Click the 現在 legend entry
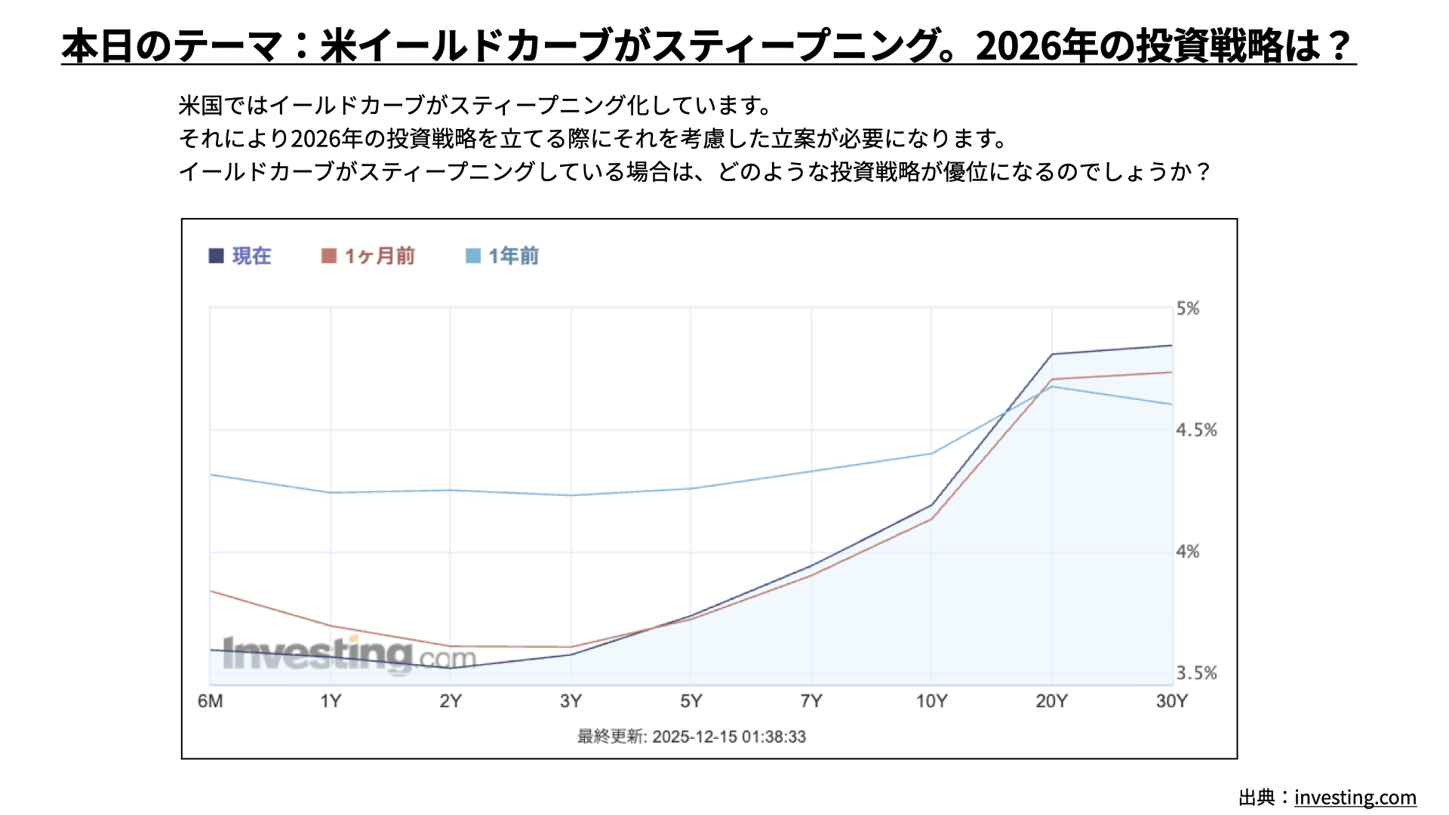click(240, 256)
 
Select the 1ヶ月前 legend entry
click(368, 256)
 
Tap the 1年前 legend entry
click(503, 256)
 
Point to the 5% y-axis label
click(1188, 309)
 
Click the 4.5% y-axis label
click(1196, 430)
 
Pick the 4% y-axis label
click(1188, 552)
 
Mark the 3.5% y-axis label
click(1196, 673)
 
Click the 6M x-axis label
click(210, 701)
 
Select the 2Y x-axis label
click(451, 701)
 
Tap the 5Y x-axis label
click(691, 701)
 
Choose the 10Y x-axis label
click(931, 701)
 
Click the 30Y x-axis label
click(1171, 701)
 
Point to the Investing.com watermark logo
click(349, 654)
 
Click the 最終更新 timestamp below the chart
click(691, 737)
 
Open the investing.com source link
click(1355, 798)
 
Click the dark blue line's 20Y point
click(1052, 354)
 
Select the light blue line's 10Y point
click(931, 454)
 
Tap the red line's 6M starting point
click(211, 591)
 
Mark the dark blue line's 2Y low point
click(451, 668)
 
